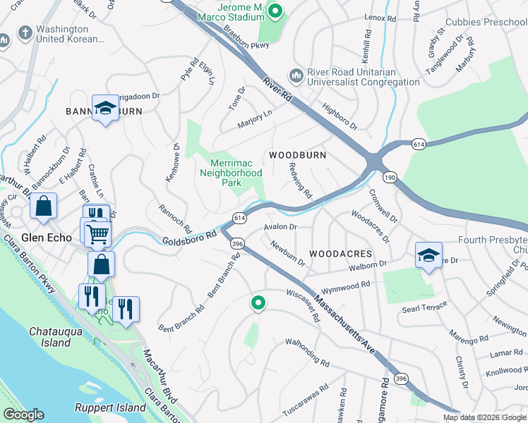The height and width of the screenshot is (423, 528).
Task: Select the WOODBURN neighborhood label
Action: pos(295,154)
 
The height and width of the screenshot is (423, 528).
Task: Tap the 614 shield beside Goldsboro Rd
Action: pos(239,218)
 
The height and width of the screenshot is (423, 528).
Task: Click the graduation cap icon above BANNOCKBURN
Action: pos(105,108)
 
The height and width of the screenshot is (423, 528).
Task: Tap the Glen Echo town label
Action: pos(47,238)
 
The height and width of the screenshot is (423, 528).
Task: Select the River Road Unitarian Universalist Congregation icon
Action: pos(296,75)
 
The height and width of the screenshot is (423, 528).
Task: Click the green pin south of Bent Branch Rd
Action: pos(258,303)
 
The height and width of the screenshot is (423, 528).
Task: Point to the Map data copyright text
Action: pos(484,417)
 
